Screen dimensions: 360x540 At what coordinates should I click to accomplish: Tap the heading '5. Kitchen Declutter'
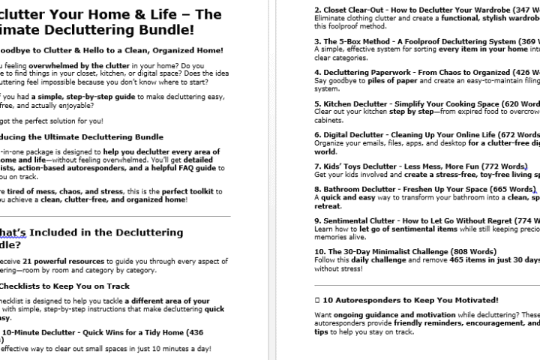[356, 104]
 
